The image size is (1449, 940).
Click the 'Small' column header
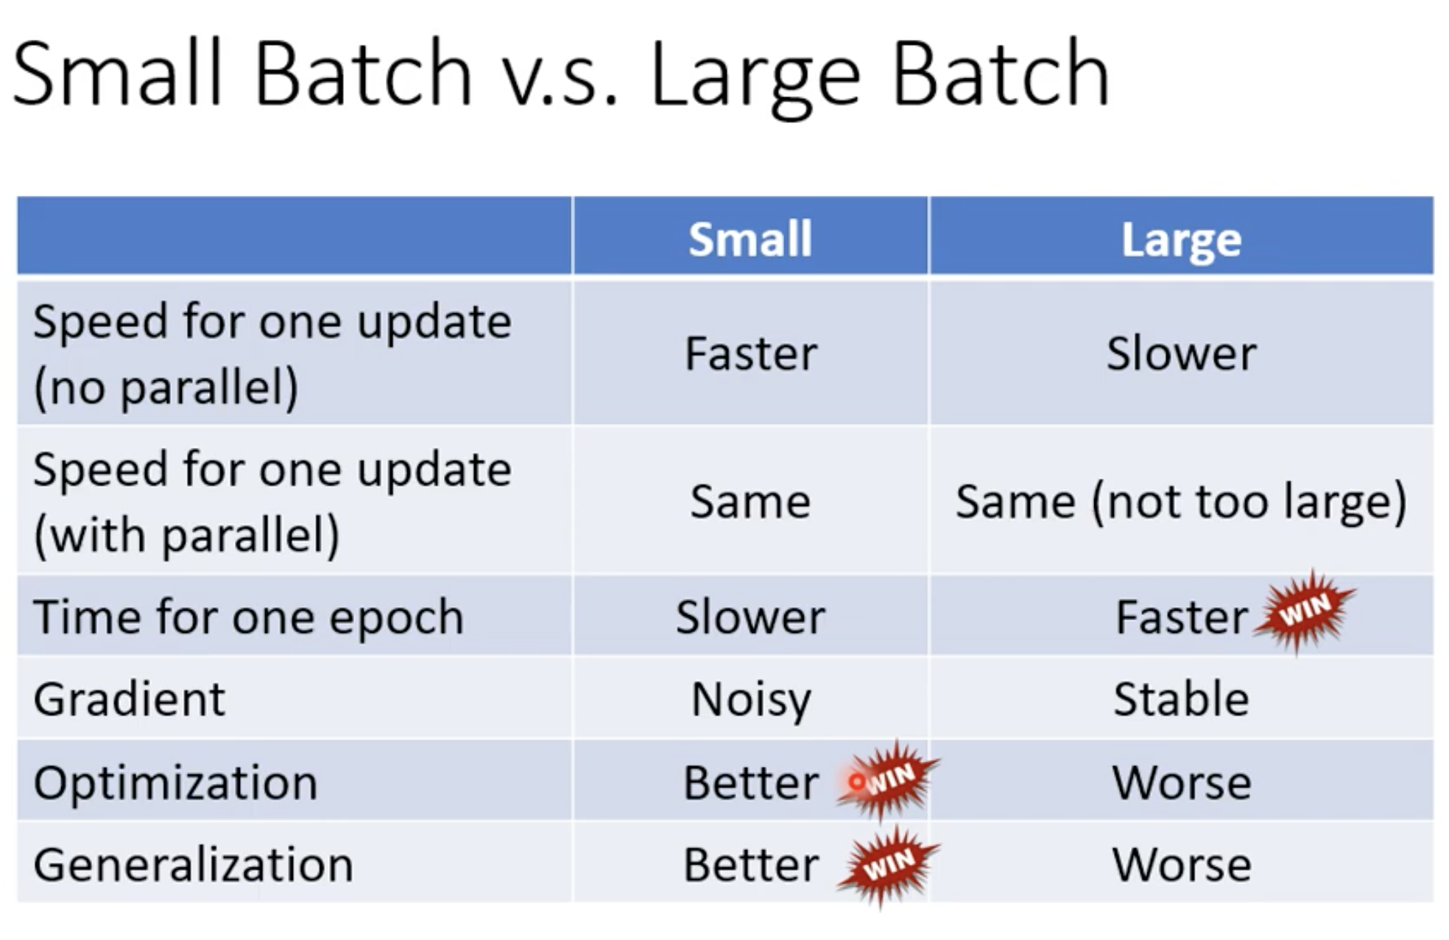[750, 239]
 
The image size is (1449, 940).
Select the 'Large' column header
[1181, 240]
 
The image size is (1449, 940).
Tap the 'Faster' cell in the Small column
[751, 354]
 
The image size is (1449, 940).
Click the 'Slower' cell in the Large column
[1181, 354]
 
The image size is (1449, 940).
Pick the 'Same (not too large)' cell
[1181, 502]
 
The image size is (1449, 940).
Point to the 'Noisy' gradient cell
[751, 700]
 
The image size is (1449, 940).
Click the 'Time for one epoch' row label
[248, 617]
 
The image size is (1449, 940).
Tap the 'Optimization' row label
[175, 782]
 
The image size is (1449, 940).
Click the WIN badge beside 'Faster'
[1305, 611]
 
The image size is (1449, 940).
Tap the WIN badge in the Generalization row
[889, 866]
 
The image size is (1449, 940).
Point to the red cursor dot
[857, 781]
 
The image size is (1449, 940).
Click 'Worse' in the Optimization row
[1181, 782]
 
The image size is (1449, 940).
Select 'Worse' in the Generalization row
[1181, 865]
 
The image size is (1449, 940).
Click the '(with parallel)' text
[186, 536]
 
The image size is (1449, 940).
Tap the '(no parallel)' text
[166, 387]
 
